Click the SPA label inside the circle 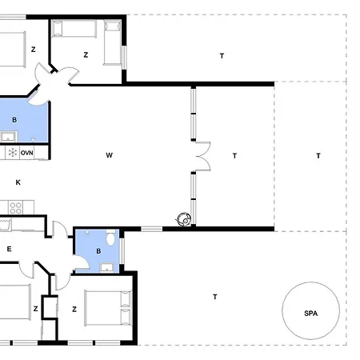click(310, 314)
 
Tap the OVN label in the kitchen click(27, 153)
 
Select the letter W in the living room click(109, 155)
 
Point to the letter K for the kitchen click(18, 182)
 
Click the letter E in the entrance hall click(9, 249)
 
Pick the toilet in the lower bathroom click(110, 237)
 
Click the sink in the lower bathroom click(107, 267)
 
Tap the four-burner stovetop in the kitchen click(15, 207)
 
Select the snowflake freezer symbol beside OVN click(12, 153)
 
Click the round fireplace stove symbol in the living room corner click(184, 219)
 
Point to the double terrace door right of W click(203, 156)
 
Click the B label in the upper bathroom click(14, 120)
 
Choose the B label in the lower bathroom click(98, 251)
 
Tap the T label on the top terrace click(222, 56)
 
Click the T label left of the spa click(215, 297)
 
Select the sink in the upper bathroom click(9, 137)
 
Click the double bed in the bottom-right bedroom click(108, 308)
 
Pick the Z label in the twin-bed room click(86, 55)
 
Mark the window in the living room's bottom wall click(151, 229)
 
